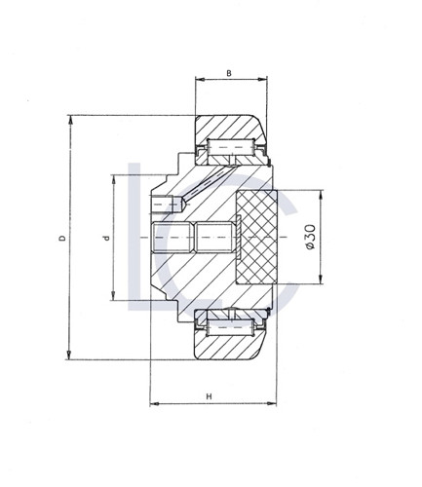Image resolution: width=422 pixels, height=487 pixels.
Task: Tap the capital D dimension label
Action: [61, 238]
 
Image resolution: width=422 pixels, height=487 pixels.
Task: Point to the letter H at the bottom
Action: [211, 395]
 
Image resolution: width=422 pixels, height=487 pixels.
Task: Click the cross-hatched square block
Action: [257, 237]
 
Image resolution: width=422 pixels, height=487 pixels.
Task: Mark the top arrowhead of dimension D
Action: [71, 120]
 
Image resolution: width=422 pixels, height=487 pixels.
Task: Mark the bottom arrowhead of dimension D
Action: [71, 355]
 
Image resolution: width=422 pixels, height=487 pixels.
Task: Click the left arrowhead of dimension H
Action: [156, 401]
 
